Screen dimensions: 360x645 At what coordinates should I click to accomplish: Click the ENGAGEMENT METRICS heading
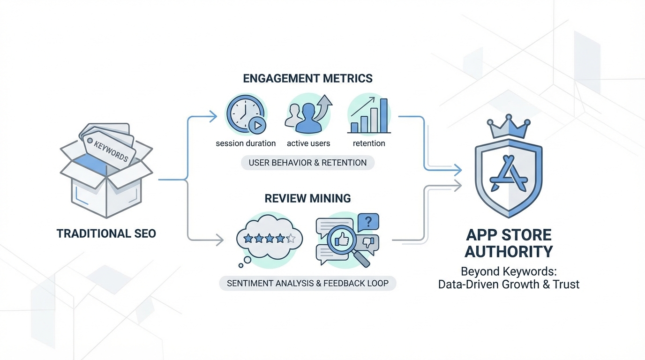pos(307,78)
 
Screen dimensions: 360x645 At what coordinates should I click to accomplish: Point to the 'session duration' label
pos(246,143)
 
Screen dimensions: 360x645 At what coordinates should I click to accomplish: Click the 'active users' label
pos(308,143)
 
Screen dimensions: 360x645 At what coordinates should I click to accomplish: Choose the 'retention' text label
pos(369,143)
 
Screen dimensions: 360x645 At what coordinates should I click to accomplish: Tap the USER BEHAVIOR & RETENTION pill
pos(307,163)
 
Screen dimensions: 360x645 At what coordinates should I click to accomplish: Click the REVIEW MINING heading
pos(307,198)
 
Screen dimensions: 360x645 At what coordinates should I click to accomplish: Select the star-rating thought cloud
pos(269,239)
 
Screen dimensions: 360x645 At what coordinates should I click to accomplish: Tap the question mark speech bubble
pos(368,222)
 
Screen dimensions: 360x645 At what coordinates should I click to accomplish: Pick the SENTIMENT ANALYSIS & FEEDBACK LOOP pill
pos(307,283)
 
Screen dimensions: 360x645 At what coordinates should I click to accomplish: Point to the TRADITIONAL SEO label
pos(106,233)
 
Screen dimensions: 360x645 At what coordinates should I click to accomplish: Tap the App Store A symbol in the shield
pos(509,176)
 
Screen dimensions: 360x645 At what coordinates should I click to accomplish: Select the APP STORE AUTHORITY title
pos(509,243)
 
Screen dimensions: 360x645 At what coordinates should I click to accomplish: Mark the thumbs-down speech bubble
pos(369,243)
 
